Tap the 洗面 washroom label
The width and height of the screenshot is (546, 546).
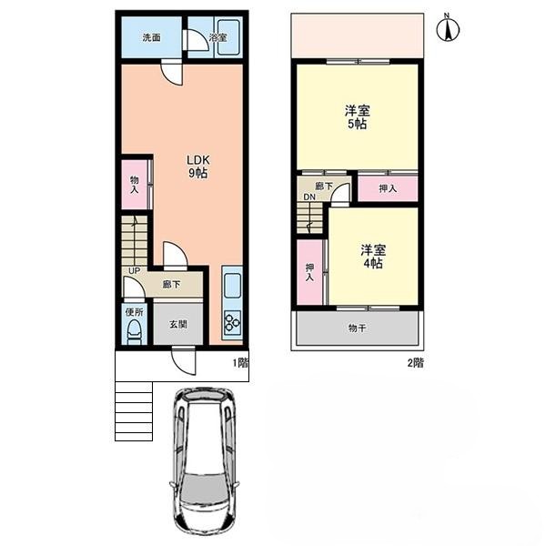click(x=151, y=37)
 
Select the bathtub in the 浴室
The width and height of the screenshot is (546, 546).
click(x=228, y=37)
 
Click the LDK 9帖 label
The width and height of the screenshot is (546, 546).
click(x=198, y=167)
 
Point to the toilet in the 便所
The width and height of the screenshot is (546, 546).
click(x=135, y=331)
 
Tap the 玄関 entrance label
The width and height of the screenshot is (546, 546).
click(x=178, y=325)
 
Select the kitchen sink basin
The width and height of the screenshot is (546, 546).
click(x=232, y=285)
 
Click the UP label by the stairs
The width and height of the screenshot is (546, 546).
click(x=134, y=270)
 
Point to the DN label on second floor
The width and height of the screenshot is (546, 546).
click(x=309, y=197)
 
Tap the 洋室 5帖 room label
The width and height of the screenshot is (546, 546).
click(x=357, y=117)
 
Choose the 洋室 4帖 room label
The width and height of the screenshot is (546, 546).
click(x=373, y=257)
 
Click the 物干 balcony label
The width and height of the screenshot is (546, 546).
click(x=357, y=328)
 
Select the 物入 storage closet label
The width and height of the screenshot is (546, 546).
click(x=135, y=185)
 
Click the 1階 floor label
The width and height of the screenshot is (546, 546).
click(x=240, y=363)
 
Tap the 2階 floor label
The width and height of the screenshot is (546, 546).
click(x=416, y=363)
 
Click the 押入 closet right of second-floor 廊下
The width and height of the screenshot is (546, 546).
click(x=388, y=188)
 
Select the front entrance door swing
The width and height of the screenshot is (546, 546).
click(x=184, y=362)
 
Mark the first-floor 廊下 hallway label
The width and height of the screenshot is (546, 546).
click(x=171, y=285)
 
